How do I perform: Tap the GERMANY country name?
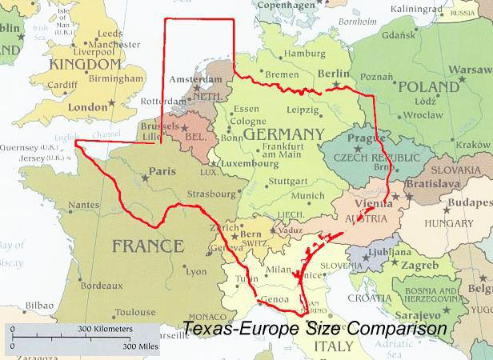click(284, 134)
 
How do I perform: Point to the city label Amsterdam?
click(194, 82)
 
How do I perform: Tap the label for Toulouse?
click(134, 313)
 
